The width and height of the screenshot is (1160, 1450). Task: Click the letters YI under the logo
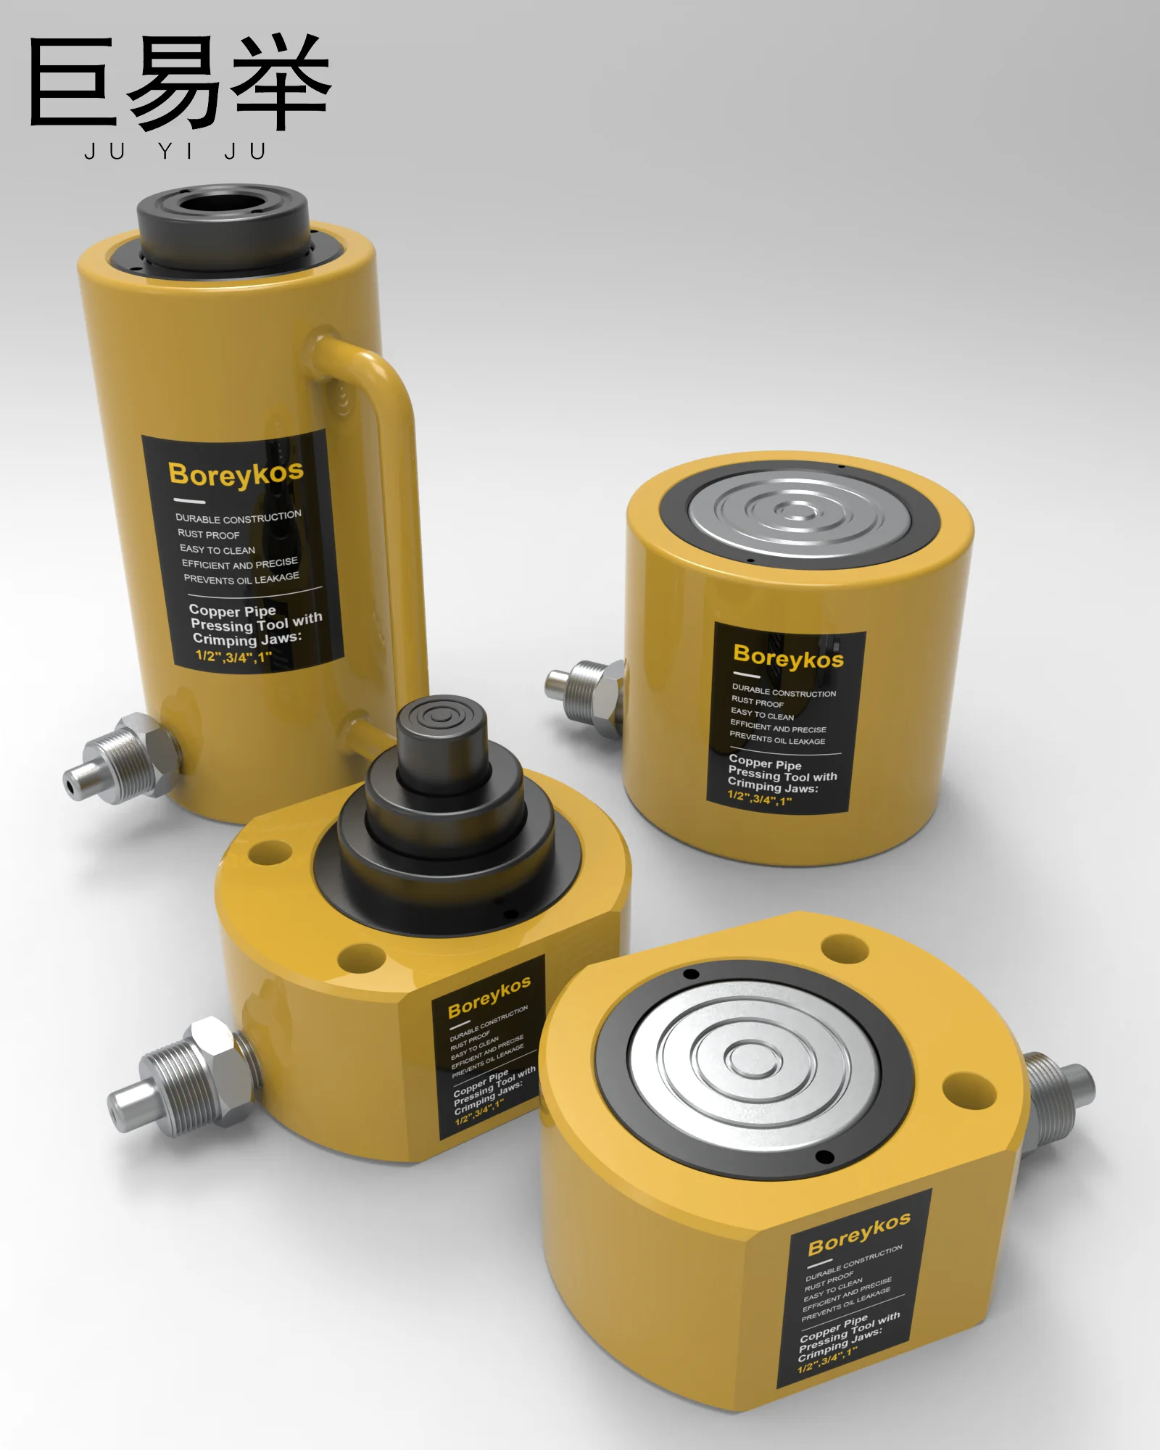(175, 152)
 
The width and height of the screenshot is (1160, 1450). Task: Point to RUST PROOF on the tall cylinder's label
(209, 534)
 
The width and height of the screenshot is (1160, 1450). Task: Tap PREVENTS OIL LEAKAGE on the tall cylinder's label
(241, 579)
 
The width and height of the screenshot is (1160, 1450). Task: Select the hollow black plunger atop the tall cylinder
(223, 217)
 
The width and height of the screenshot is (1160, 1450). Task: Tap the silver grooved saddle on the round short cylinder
(797, 513)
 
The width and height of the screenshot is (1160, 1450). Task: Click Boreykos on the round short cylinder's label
(788, 656)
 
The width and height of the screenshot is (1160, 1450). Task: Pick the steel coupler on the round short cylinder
(587, 696)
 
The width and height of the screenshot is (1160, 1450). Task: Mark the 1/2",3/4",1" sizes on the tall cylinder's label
(233, 657)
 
